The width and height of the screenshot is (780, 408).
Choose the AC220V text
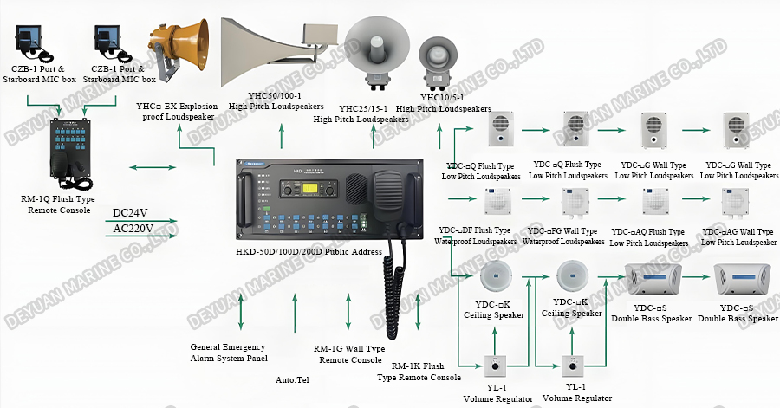(x=133, y=229)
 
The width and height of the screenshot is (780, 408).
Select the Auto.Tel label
(x=292, y=379)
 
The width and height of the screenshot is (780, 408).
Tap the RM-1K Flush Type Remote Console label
(x=419, y=372)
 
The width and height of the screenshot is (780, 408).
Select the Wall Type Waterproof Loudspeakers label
(x=563, y=236)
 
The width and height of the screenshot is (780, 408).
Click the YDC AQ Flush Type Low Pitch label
(x=648, y=236)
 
